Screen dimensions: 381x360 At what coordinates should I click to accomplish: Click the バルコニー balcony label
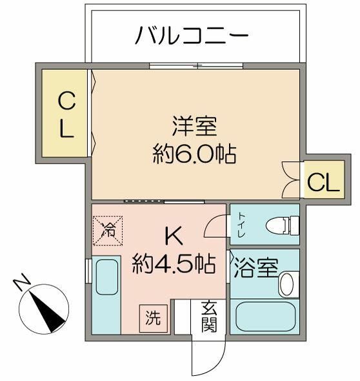pyautogui.click(x=192, y=36)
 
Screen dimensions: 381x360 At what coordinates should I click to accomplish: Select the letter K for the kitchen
pyautogui.click(x=172, y=237)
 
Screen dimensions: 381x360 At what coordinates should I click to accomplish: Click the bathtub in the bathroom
pyautogui.click(x=265, y=316)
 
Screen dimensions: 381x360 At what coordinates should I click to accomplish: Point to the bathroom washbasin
pyautogui.click(x=288, y=282)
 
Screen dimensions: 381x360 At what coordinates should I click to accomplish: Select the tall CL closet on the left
pyautogui.click(x=66, y=114)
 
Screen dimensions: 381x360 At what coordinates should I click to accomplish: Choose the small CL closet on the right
pyautogui.click(x=322, y=183)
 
